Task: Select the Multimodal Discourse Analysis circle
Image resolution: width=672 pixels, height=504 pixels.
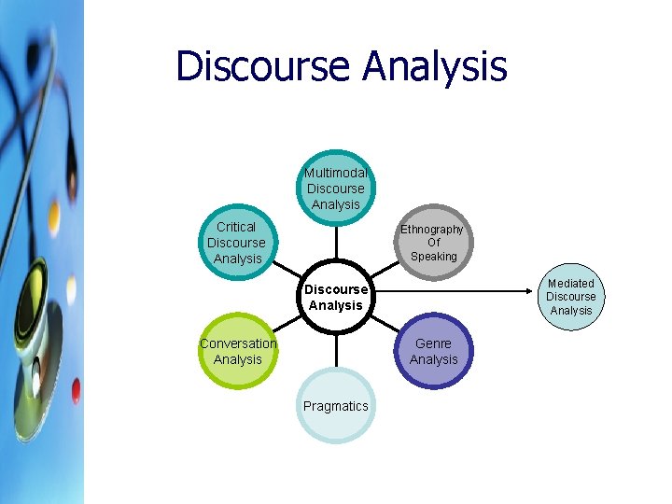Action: pos(336,188)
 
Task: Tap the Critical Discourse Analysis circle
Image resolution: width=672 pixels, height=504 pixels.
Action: pos(237,243)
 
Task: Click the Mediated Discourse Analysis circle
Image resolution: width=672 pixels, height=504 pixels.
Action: pos(570,297)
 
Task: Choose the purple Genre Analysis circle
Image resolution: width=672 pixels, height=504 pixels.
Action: pos(434,351)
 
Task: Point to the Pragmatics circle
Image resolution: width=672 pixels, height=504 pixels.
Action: pos(336,406)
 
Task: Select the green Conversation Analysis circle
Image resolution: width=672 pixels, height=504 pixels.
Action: pos(238,351)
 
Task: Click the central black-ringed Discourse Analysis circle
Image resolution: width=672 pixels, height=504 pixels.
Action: pos(336,297)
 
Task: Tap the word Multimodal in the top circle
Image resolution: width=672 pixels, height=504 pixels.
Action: pos(336,173)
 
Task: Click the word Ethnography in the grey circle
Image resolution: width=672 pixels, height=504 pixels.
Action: pos(432,230)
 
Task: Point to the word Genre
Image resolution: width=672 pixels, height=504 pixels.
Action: pos(433,343)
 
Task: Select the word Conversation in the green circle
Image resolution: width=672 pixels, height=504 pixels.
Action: pos(238,343)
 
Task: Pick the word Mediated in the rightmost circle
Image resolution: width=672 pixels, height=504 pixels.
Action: pos(570,284)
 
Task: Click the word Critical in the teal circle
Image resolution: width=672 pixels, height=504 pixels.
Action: pos(236,227)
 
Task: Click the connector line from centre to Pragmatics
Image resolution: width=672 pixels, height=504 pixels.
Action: pos(336,349)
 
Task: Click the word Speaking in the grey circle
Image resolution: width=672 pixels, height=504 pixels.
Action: pos(434,257)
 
